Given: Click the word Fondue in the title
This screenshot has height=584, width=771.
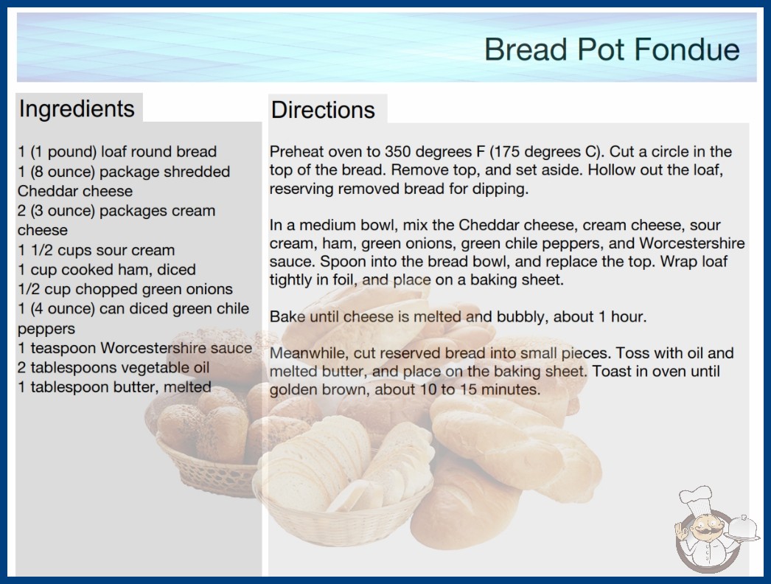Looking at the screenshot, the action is click(686, 49).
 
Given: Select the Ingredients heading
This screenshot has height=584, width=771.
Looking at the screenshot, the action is click(77, 108).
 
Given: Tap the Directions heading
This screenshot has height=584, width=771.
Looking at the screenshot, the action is click(323, 110).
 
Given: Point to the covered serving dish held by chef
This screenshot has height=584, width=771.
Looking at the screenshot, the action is click(742, 529).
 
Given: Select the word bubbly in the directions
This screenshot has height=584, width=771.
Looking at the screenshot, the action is click(522, 316).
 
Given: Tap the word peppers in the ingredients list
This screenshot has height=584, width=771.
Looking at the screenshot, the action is click(46, 329).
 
